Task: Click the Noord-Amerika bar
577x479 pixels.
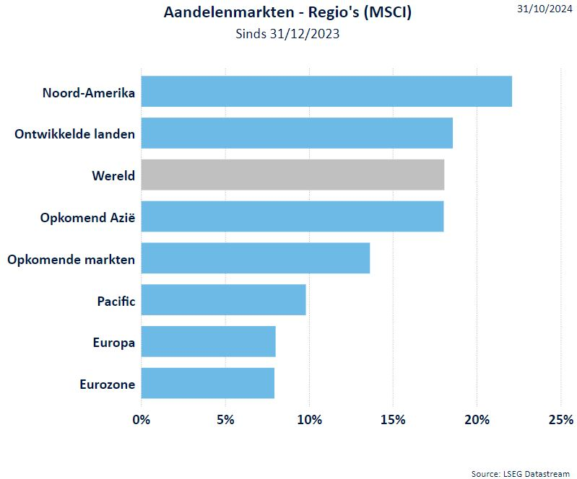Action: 326,91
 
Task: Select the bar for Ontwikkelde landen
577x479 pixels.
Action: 297,133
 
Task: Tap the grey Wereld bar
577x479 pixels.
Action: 292,175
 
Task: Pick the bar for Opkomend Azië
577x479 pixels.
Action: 292,216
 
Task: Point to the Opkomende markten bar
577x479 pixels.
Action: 256,258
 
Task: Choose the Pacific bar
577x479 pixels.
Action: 223,300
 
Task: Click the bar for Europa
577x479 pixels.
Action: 208,342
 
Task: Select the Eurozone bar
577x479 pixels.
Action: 207,383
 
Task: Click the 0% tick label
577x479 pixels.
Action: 142,420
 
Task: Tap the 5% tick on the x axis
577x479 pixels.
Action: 225,420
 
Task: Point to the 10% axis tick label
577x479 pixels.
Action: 309,420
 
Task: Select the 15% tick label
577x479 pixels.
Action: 392,420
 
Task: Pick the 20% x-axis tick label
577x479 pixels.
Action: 477,420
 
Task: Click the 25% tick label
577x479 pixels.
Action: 560,420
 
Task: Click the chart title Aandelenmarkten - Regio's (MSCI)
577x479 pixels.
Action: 287,12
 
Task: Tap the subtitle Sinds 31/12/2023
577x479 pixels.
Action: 287,33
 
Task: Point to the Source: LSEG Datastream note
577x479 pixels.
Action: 520,473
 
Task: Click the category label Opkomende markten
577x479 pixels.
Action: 71,259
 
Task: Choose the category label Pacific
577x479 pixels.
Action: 116,301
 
